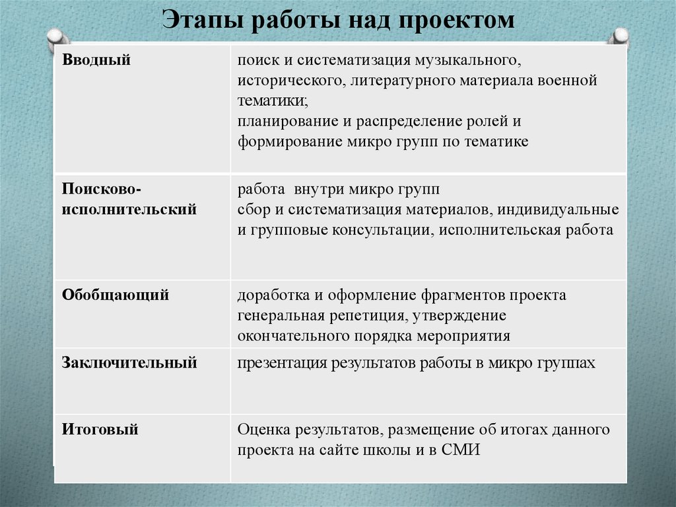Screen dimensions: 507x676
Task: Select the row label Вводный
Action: coord(96,60)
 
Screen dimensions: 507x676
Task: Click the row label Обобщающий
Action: coord(116,295)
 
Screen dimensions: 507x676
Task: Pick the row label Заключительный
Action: coord(129,362)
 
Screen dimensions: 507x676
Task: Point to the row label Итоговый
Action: coord(100,430)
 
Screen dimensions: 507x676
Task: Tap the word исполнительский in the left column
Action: coord(129,210)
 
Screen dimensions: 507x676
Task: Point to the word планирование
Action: coord(283,122)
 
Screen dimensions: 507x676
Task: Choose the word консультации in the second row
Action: coord(380,230)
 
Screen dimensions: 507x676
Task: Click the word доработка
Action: coord(271,295)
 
